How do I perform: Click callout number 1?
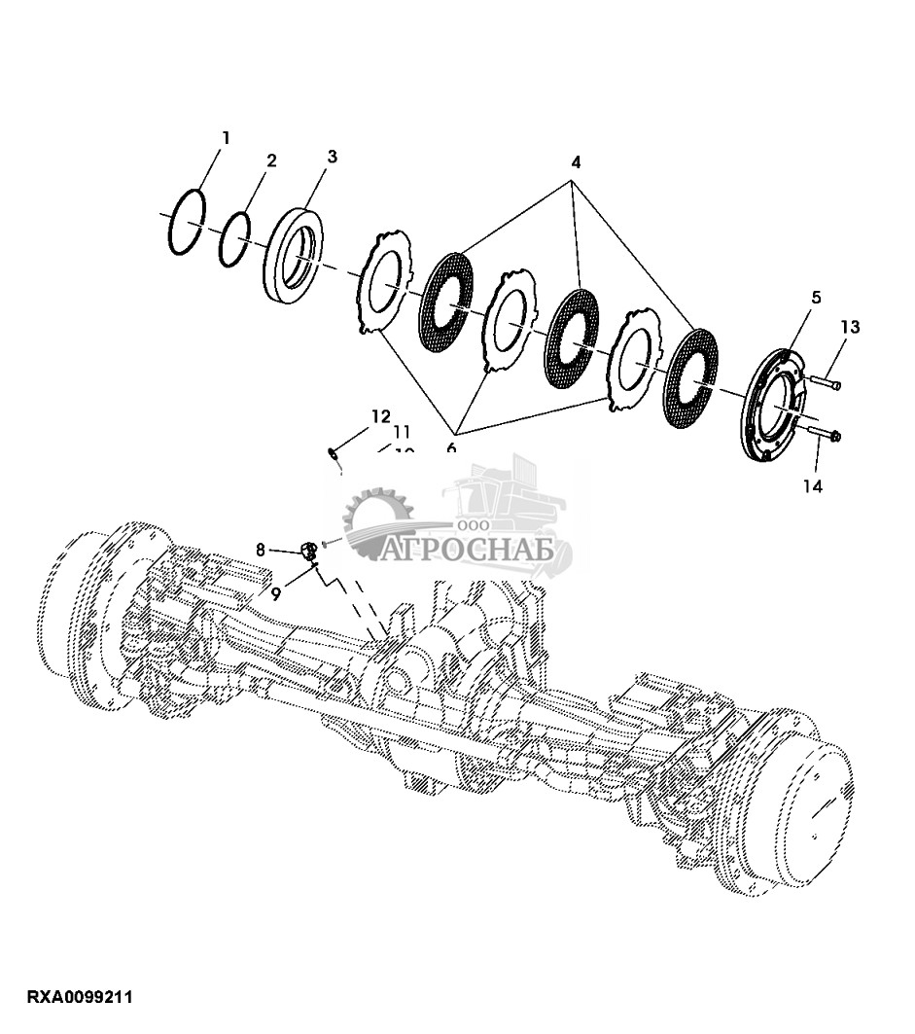point(226,138)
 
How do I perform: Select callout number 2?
point(271,160)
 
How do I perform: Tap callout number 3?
point(332,157)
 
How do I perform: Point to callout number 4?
point(576,162)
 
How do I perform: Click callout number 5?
point(815,296)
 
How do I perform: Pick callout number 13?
point(850,327)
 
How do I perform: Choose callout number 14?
point(813,485)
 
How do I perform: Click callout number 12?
point(379,415)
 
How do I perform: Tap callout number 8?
point(261,550)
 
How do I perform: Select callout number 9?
point(276,594)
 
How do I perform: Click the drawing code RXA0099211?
point(80,998)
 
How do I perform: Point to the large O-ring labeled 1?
point(187,223)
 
